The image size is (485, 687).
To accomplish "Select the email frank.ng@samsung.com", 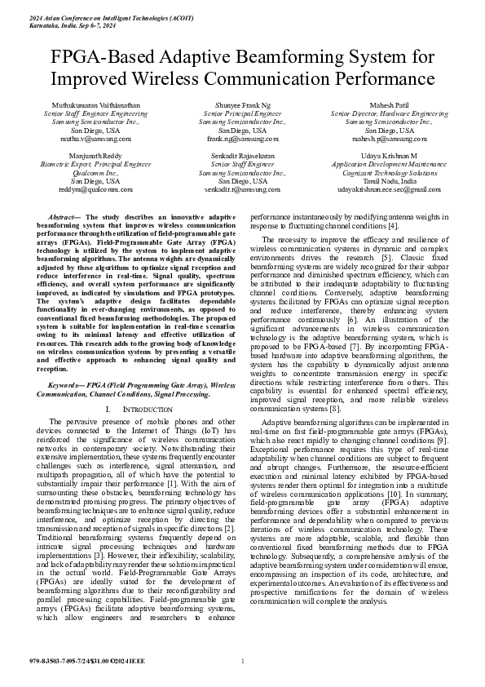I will click(242, 139).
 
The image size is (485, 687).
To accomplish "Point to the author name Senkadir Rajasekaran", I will click(242, 156).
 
